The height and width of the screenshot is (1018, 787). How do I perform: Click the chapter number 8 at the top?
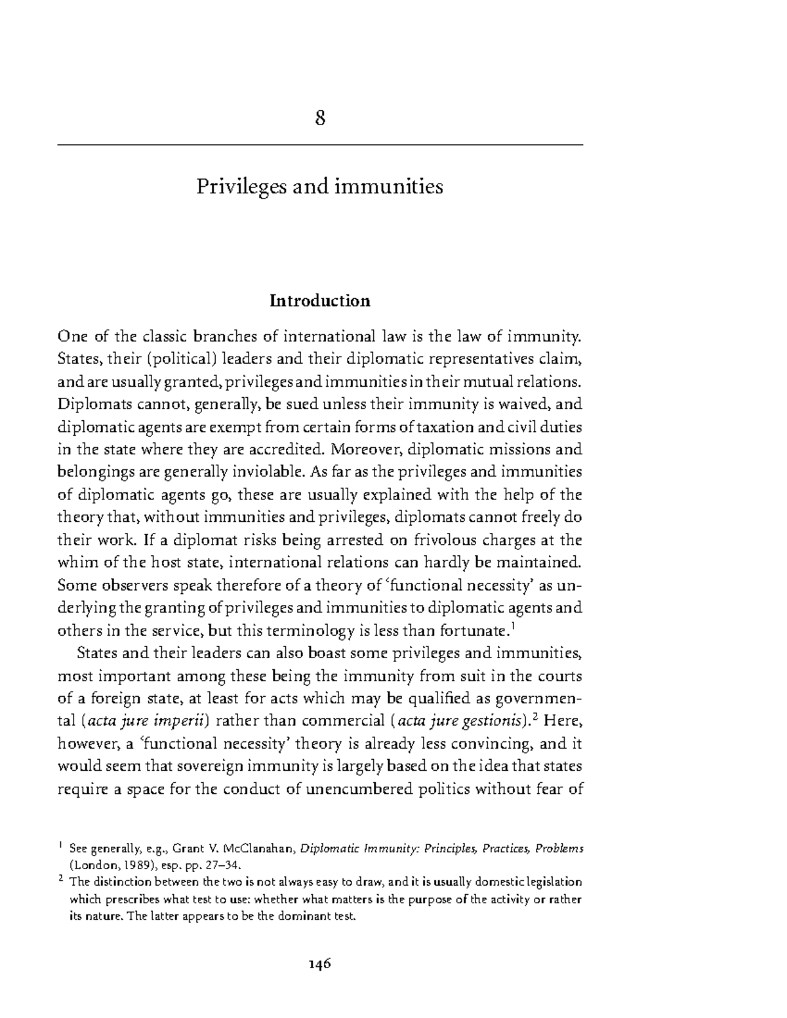point(320,119)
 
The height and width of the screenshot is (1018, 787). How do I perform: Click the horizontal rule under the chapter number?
point(320,144)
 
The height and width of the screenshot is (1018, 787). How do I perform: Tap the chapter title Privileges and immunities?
point(320,187)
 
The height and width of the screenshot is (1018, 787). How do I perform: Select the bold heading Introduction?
point(320,301)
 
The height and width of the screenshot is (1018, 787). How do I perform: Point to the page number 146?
point(320,964)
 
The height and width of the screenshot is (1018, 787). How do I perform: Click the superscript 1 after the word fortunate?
point(512,627)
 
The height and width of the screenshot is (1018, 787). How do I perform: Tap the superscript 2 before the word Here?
point(535,717)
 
